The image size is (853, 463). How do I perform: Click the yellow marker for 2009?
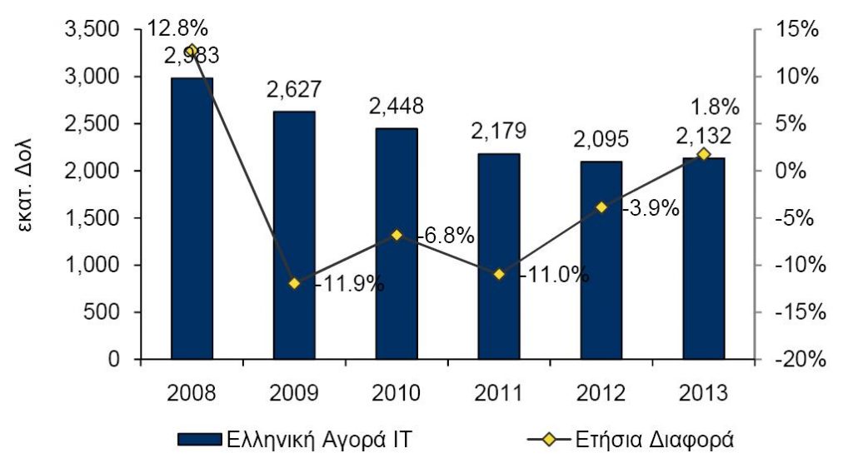tap(294, 283)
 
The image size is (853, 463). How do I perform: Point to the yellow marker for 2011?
tap(499, 274)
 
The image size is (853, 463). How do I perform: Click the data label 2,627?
tap(294, 89)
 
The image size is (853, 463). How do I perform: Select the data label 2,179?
tap(499, 131)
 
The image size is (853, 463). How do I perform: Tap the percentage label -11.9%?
tap(349, 284)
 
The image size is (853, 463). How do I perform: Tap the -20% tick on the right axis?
tap(800, 360)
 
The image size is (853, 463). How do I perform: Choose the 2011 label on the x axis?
tap(499, 392)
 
